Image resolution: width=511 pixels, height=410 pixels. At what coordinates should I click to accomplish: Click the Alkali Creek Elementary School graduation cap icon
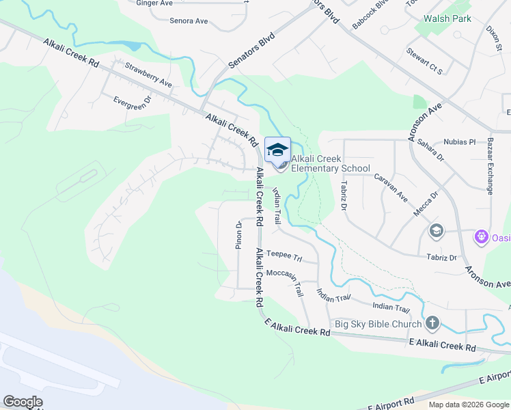(277, 150)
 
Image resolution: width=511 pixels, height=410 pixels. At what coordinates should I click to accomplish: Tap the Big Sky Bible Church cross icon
(432, 323)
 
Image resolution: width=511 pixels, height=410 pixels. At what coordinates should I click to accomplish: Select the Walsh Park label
(446, 18)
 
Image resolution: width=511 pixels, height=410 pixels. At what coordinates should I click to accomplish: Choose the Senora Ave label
(189, 21)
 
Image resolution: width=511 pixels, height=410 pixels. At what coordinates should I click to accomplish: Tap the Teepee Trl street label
(284, 255)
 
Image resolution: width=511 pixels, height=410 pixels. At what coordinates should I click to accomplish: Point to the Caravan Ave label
(391, 188)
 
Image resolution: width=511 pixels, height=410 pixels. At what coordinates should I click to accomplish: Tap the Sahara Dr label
(432, 152)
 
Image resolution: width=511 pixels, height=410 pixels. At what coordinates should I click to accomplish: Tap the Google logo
(23, 402)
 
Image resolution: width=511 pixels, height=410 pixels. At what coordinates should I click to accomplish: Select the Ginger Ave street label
(154, 3)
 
